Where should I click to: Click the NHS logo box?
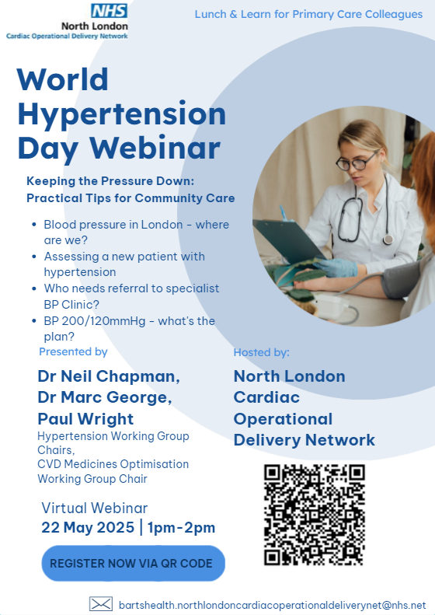point(109,11)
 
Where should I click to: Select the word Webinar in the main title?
point(155,149)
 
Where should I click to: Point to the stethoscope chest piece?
point(388,239)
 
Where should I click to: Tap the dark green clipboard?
point(289,240)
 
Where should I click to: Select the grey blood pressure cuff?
point(401,279)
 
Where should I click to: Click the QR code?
point(315,515)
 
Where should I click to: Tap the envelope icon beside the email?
point(101,604)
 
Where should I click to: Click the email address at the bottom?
point(272,605)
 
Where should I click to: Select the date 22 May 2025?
point(88,528)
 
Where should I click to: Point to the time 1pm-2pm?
point(181,528)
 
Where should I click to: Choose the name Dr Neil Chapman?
point(109,376)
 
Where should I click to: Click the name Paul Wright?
point(85,419)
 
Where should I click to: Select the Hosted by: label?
point(262,353)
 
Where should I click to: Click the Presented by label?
point(73,352)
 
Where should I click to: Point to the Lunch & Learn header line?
point(308,15)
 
